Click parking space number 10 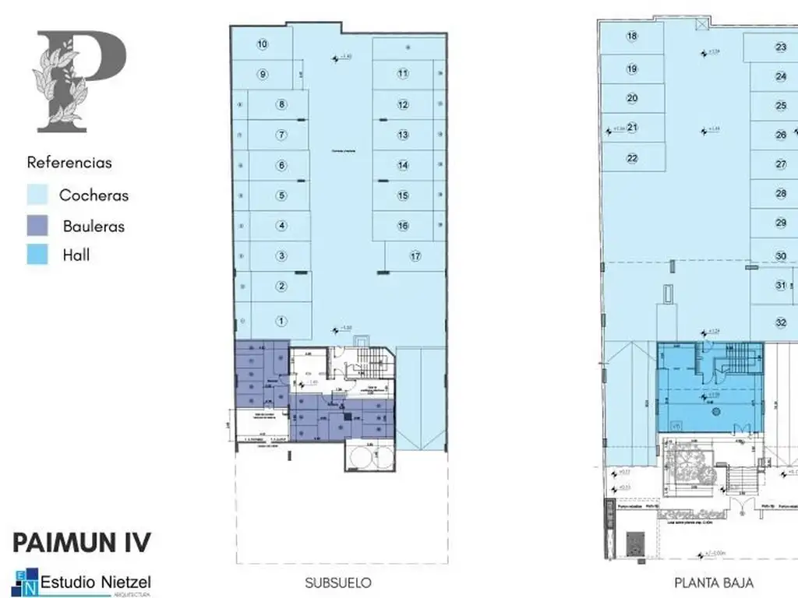point(263,44)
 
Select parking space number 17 point(415,255)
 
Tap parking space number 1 point(281,320)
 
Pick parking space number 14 point(403,165)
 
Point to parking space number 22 point(632,158)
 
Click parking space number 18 point(632,36)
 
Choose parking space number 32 point(781,322)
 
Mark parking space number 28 point(781,193)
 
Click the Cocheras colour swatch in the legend point(39,195)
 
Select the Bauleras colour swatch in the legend point(39,225)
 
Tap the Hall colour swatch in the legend point(39,254)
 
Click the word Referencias point(69,163)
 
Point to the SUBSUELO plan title point(337,582)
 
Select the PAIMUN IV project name point(81,542)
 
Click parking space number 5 point(281,195)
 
